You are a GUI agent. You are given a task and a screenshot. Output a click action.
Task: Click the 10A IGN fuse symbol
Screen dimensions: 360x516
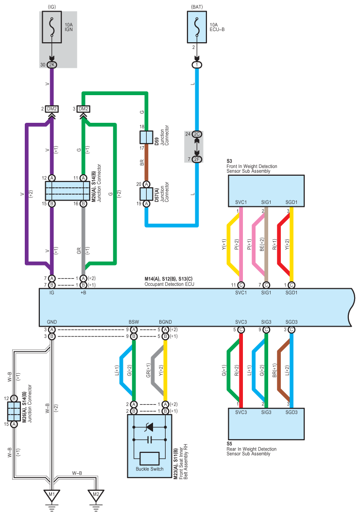click(x=51, y=27)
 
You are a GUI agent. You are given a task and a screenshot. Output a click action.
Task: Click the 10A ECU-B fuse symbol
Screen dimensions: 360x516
click(x=197, y=27)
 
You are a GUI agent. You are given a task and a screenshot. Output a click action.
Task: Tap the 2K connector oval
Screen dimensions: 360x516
click(x=51, y=65)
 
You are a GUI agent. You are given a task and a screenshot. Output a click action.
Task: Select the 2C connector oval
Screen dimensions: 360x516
click(x=197, y=134)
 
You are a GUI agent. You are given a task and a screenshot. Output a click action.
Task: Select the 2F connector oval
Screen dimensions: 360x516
click(x=197, y=159)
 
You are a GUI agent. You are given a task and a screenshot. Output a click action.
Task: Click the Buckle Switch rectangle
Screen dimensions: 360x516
click(x=150, y=458)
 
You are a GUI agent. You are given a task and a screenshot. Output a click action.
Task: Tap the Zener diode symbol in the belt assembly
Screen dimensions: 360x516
click(x=150, y=427)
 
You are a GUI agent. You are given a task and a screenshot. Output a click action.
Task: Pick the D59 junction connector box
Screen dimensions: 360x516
click(x=146, y=137)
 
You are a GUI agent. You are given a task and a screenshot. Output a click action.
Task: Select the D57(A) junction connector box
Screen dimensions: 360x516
click(x=146, y=194)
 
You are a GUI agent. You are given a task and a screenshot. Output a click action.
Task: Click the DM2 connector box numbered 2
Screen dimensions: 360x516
click(x=51, y=109)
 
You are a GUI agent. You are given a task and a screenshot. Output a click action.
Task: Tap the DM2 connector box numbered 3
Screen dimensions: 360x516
click(x=84, y=109)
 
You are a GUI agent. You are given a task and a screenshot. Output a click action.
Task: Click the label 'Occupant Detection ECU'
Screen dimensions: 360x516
click(x=169, y=284)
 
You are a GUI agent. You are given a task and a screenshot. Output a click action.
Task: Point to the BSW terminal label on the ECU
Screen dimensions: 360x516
click(x=134, y=322)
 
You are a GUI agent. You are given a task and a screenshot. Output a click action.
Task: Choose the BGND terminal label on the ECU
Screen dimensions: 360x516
click(x=165, y=322)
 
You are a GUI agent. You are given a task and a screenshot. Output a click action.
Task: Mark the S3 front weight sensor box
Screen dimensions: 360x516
click(x=266, y=191)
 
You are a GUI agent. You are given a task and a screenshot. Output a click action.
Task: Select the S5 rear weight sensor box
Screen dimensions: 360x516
click(x=266, y=424)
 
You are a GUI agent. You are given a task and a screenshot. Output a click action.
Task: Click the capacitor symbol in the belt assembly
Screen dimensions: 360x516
click(x=150, y=440)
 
